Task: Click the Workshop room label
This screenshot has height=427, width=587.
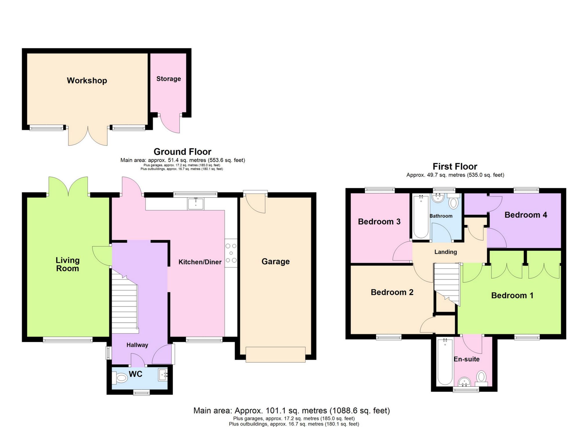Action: click(x=87, y=81)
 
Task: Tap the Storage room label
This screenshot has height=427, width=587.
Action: click(x=168, y=79)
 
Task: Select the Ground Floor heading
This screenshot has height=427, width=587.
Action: click(x=182, y=152)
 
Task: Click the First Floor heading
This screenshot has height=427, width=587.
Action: click(x=455, y=166)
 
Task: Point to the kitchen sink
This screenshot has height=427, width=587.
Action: click(x=196, y=203)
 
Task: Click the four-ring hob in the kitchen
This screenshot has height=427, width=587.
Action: click(x=231, y=253)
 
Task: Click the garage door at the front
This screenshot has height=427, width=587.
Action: click(x=275, y=354)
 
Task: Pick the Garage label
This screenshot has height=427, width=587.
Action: click(x=275, y=261)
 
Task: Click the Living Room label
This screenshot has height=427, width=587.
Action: click(x=68, y=264)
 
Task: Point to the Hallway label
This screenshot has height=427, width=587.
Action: click(x=137, y=345)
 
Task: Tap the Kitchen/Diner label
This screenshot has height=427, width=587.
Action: click(x=200, y=262)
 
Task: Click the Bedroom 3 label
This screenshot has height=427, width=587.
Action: click(x=379, y=222)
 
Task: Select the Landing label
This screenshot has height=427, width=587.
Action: click(x=445, y=252)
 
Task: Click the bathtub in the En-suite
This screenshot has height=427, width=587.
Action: click(x=444, y=361)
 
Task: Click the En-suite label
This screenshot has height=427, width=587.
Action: click(x=466, y=359)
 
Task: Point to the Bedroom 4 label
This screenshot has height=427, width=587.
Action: click(x=526, y=215)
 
